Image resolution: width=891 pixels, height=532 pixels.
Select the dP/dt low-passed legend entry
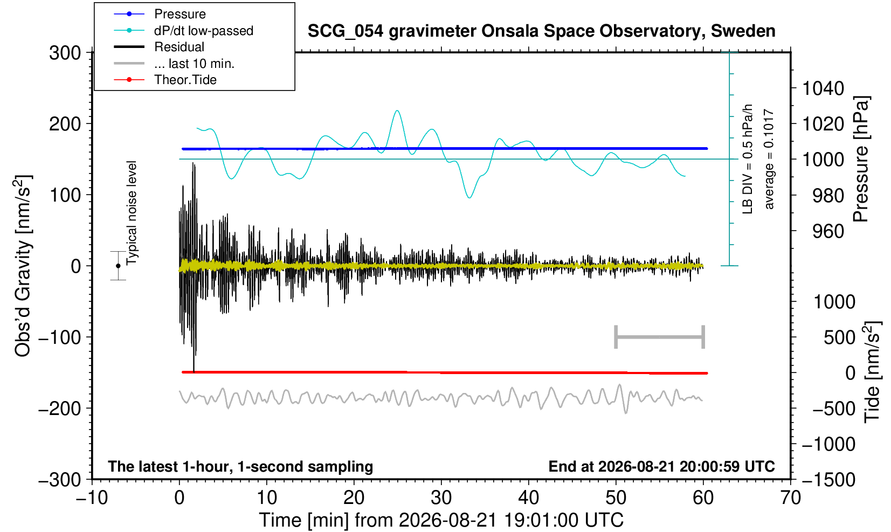click(x=183, y=31)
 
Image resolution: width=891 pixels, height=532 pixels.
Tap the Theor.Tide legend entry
click(x=165, y=80)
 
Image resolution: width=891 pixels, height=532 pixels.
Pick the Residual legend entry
click(x=159, y=47)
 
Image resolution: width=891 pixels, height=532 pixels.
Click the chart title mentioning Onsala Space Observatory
click(x=541, y=31)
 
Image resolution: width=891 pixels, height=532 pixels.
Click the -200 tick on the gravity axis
click(x=60, y=408)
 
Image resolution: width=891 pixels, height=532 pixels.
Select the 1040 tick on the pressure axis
click(x=823, y=88)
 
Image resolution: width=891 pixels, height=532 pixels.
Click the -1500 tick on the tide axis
click(x=828, y=480)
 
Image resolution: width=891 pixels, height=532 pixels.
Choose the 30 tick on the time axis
click(x=441, y=498)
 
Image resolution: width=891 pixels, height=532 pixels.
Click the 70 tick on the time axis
click(x=790, y=498)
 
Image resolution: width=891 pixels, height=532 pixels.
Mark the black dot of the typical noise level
click(x=118, y=266)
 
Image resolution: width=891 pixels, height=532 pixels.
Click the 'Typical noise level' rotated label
click(x=132, y=213)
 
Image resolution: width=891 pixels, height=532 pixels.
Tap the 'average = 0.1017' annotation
click(x=769, y=159)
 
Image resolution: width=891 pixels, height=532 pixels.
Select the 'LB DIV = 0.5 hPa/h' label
click(x=748, y=159)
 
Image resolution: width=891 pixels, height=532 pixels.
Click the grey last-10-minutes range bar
click(x=660, y=337)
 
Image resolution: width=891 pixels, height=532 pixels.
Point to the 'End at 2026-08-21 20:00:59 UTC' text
click(x=661, y=466)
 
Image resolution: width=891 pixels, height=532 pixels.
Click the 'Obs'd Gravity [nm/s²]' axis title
click(x=22, y=266)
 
